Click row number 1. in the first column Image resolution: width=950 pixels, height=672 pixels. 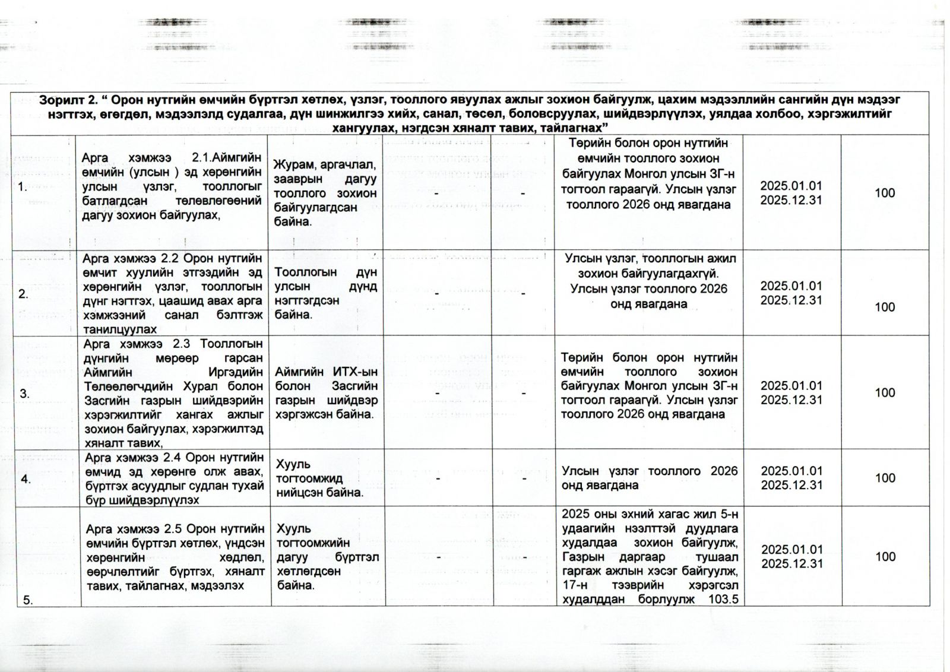23,188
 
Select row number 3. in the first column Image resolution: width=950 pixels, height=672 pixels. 24,394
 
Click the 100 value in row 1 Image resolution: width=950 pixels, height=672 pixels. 885,193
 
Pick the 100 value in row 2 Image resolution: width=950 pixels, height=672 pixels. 885,307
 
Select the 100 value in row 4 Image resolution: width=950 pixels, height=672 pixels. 885,478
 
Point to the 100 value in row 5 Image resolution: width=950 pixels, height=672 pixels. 885,556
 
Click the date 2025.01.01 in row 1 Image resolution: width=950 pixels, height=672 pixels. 791,186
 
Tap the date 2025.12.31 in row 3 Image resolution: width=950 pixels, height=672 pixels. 791,400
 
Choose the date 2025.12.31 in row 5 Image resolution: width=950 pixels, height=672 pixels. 791,563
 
